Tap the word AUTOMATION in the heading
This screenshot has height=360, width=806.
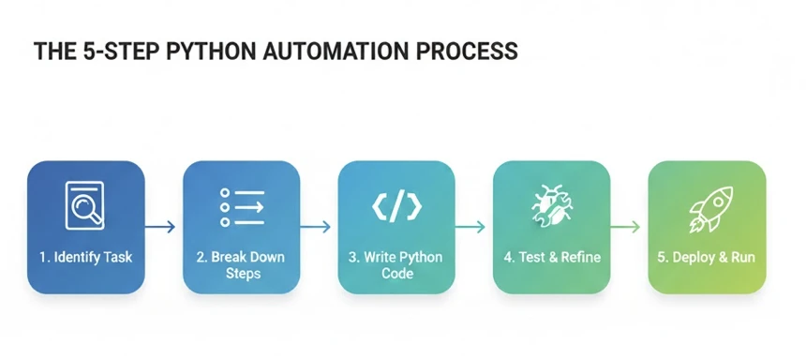(335, 52)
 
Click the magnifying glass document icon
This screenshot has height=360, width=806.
(84, 205)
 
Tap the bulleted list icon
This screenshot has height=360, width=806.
(241, 206)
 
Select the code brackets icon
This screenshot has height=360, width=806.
(396, 206)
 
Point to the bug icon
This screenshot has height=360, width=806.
(551, 205)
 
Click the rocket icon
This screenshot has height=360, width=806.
(708, 207)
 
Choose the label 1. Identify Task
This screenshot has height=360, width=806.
(85, 257)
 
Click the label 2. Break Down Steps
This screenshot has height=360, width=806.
(241, 264)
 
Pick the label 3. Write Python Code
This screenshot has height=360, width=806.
(396, 264)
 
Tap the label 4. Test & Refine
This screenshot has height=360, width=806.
(552, 257)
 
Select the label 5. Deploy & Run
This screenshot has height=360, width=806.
(708, 257)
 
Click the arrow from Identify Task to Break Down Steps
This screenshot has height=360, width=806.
(162, 227)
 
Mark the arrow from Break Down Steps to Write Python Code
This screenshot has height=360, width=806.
(318, 227)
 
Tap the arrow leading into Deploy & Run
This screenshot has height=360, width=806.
(628, 227)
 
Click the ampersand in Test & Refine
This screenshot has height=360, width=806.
(558, 257)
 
